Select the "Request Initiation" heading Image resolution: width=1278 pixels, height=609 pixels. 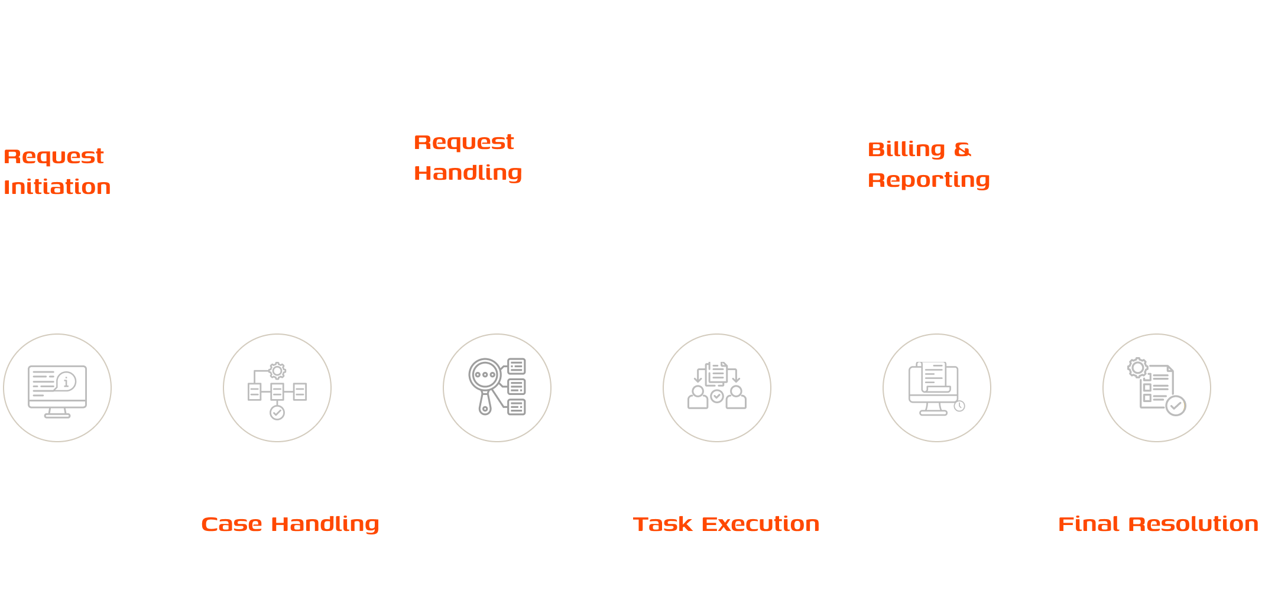pos(57,171)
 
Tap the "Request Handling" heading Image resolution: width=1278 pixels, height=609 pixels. pos(468,157)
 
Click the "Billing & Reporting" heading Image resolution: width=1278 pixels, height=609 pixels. pos(928,164)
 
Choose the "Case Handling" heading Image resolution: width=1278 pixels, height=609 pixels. pos(290,524)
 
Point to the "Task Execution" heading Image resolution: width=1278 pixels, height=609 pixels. pos(726,524)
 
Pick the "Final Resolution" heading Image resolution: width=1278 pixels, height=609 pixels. pos(1157,524)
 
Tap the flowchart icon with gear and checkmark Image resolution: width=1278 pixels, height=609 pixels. pos(277,390)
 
